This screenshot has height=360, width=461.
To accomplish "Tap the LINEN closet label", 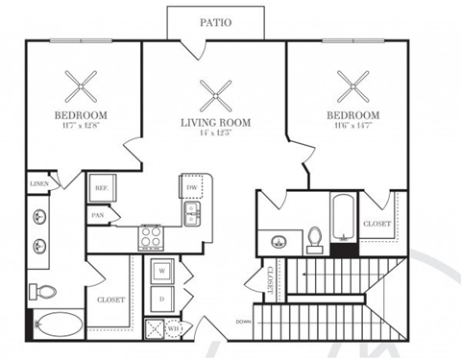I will pyautogui.click(x=39, y=182).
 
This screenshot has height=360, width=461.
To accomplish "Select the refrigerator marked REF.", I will pyautogui.click(x=101, y=189).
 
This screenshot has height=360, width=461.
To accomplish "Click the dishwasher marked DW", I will pyautogui.click(x=192, y=187).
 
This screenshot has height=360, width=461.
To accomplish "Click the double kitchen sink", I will pyautogui.click(x=191, y=213).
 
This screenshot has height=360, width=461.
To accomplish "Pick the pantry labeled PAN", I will pyautogui.click(x=98, y=216).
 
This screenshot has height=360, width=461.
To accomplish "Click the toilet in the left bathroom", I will pyautogui.click(x=41, y=291).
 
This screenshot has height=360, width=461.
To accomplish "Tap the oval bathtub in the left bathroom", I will pyautogui.click(x=59, y=325).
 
